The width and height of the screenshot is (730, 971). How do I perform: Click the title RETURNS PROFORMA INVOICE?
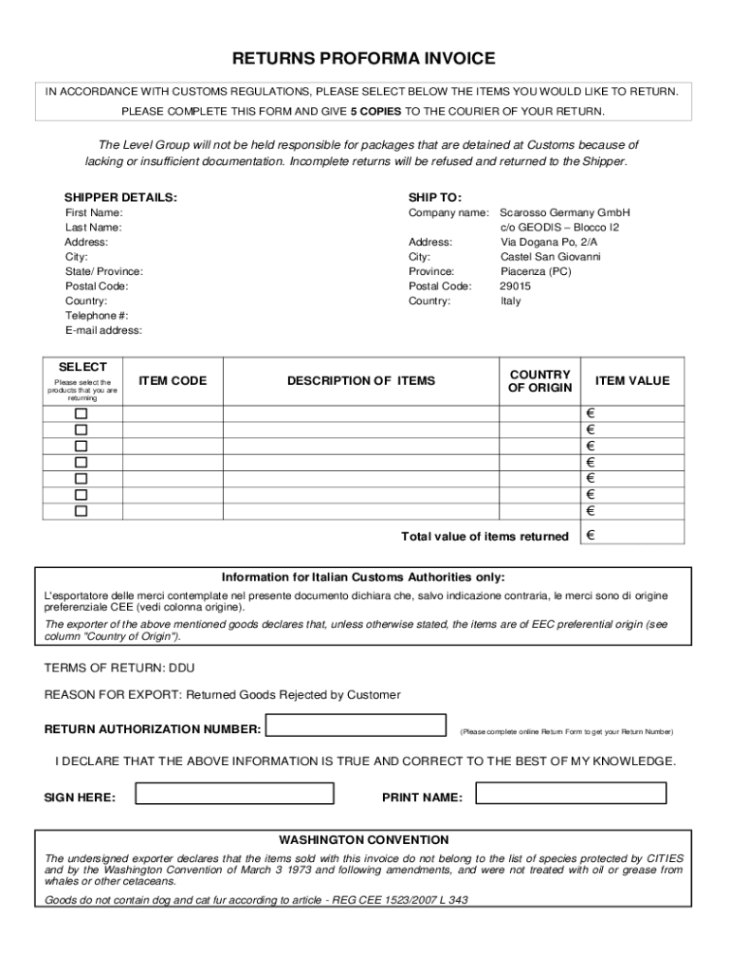tap(364, 59)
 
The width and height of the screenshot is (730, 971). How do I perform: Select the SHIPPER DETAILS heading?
tap(120, 197)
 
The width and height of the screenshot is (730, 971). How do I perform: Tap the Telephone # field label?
tap(97, 316)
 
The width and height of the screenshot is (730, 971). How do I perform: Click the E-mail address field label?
tap(103, 330)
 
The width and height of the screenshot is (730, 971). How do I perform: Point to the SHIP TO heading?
tap(435, 197)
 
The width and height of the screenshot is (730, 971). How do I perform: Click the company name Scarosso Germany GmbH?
tap(565, 213)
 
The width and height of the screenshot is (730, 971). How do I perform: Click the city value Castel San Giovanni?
tap(551, 257)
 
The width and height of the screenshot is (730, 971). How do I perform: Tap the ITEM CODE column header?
tap(173, 380)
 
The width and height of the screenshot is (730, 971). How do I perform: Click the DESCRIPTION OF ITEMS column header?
tap(361, 380)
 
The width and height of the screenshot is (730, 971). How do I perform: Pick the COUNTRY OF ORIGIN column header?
tap(539, 380)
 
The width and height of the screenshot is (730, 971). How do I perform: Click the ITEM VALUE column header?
tap(631, 380)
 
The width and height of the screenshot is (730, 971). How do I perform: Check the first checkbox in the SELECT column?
tap(82, 414)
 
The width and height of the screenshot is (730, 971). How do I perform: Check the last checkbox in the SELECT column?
tap(82, 511)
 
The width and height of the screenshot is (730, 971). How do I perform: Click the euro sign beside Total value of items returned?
tap(591, 536)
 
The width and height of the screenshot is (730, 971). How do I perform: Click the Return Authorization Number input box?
tap(356, 725)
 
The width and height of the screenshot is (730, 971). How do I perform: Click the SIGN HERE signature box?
tap(234, 794)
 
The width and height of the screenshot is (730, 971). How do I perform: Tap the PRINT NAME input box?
tap(571, 794)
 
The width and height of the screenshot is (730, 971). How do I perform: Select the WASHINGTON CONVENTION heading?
tap(364, 840)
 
